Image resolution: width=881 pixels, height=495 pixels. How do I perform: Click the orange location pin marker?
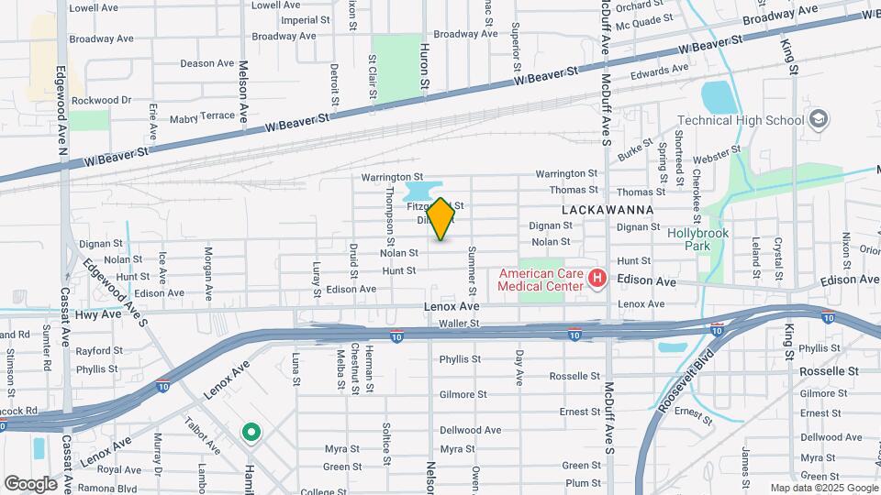click(440, 219)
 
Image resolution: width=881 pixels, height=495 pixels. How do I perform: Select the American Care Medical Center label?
click(541, 279)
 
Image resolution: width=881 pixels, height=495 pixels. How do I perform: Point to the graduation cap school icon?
click(819, 119)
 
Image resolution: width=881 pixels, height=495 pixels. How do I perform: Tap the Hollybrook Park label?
click(697, 240)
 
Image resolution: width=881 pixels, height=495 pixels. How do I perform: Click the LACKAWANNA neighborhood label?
click(608, 210)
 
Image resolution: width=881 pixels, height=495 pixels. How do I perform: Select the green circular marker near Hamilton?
click(249, 432)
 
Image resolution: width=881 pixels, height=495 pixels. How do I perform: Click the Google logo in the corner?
click(30, 483)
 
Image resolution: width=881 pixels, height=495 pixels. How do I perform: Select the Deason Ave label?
click(206, 63)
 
